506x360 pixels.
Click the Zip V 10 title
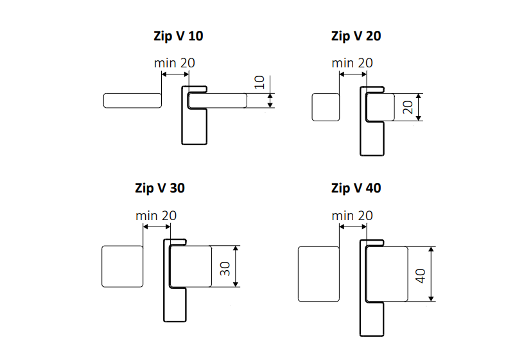(173, 36)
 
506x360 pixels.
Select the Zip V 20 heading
(356, 36)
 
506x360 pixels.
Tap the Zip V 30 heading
(160, 188)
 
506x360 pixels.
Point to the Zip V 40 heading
(356, 188)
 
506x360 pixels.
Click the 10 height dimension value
(259, 82)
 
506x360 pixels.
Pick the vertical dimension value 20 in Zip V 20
(407, 107)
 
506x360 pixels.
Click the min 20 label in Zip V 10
(175, 63)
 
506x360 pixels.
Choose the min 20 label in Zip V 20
(352, 63)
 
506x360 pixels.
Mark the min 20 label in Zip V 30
(156, 216)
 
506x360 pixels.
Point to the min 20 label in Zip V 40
(352, 216)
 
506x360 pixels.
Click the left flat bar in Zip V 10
(132, 100)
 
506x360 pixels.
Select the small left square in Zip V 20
(326, 107)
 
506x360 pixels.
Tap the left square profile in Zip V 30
(122, 266)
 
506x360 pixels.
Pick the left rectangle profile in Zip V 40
(318, 273)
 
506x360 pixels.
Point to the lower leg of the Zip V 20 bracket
(372, 137)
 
